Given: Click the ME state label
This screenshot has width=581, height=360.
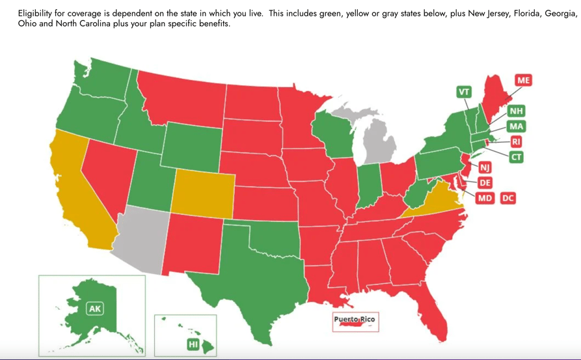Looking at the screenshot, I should [x=523, y=80].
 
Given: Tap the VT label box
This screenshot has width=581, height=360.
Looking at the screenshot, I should [x=464, y=92].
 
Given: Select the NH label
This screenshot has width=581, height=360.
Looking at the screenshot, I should [x=516, y=111].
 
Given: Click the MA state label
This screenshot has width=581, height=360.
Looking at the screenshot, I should [x=516, y=126].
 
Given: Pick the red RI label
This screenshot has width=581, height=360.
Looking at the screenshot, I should [x=516, y=141].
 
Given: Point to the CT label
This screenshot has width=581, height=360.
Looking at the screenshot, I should [x=516, y=157].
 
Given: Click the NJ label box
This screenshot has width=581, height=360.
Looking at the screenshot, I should [x=485, y=168].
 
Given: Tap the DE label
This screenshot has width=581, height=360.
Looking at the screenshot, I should [x=485, y=183].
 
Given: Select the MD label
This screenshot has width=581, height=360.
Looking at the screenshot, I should [x=485, y=198].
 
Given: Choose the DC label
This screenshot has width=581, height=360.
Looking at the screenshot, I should [x=508, y=198].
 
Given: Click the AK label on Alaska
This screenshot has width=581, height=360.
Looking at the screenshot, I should [x=94, y=309].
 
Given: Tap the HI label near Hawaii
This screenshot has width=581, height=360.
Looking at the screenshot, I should [x=193, y=344].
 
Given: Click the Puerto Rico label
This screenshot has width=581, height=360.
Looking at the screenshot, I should [x=354, y=320].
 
